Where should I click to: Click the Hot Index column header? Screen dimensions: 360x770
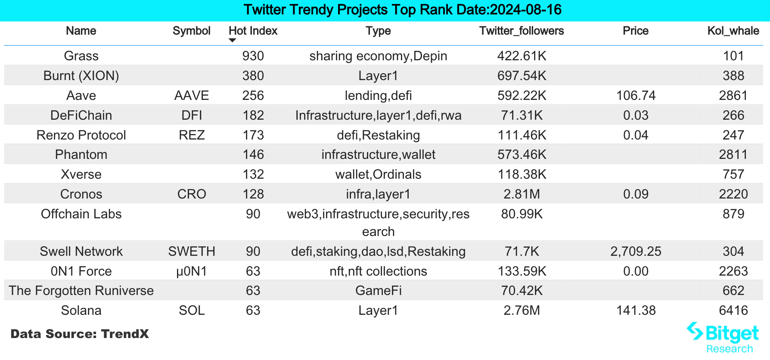pyautogui.click(x=253, y=31)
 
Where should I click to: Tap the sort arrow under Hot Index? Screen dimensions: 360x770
pyautogui.click(x=233, y=40)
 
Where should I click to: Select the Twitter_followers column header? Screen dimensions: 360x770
pyautogui.click(x=522, y=31)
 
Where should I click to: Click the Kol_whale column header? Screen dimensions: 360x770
pyautogui.click(x=733, y=31)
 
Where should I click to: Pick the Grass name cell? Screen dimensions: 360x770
pyautogui.click(x=81, y=56)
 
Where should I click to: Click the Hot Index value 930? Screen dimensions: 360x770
pyautogui.click(x=253, y=56)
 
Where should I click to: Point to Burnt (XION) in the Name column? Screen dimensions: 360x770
pyautogui.click(x=81, y=76)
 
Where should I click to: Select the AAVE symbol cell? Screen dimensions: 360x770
pyautogui.click(x=192, y=96)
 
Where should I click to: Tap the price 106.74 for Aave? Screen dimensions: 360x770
pyautogui.click(x=636, y=96)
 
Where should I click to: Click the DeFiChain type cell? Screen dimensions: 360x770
pyautogui.click(x=378, y=115)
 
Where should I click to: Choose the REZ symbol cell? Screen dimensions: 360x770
pyautogui.click(x=192, y=135)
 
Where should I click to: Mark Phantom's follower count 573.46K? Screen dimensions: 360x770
pyautogui.click(x=522, y=155)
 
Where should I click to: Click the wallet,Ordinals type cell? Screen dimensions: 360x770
pyautogui.click(x=378, y=174)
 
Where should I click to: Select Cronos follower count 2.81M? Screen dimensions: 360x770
pyautogui.click(x=522, y=194)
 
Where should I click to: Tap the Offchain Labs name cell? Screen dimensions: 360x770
pyautogui.click(x=81, y=214)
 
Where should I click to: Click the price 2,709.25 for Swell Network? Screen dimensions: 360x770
pyautogui.click(x=636, y=251)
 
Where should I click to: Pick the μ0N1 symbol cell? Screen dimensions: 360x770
pyautogui.click(x=192, y=271)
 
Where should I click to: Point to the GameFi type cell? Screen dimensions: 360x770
pyautogui.click(x=378, y=291)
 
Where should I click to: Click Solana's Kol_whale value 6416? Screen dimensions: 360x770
pyautogui.click(x=733, y=310)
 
